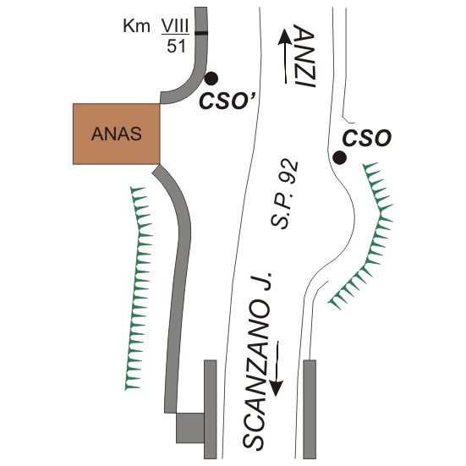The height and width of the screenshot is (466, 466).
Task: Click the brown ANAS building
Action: click(117, 134)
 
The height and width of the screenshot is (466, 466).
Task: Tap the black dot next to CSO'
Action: click(211, 79)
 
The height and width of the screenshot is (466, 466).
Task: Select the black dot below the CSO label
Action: click(339, 157)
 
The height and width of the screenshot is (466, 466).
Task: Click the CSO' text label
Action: click(228, 101)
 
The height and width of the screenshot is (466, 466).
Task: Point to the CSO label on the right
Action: click(367, 138)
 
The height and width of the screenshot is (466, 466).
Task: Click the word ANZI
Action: click(304, 57)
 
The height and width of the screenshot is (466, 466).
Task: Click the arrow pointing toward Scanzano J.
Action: click(276, 369)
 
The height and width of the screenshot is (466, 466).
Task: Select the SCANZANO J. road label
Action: click(257, 360)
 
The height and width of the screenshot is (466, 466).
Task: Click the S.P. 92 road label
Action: click(284, 195)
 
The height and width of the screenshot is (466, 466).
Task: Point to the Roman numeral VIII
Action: click(175, 27)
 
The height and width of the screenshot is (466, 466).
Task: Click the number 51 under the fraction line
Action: click(176, 46)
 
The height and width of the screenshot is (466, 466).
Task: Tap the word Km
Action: click(136, 26)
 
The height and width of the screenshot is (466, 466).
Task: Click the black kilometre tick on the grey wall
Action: click(201, 33)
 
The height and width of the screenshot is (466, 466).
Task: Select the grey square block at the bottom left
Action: click(190, 428)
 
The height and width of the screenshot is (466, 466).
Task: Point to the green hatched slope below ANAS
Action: click(139, 288)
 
